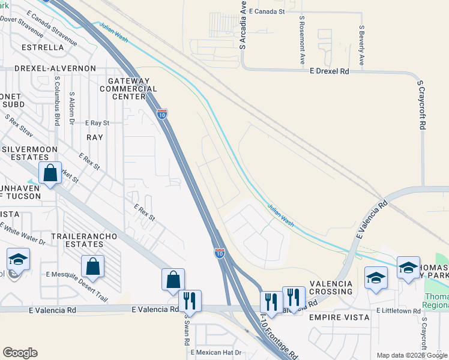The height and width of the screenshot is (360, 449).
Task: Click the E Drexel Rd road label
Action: (329, 71)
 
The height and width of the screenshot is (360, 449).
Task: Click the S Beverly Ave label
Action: (362, 45)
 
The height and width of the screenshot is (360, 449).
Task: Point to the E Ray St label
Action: (97, 122)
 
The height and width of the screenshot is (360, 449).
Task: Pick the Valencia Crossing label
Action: (331, 287)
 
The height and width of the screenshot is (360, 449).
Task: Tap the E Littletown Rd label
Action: (399, 311)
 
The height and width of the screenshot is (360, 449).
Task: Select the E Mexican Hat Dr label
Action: (216, 352)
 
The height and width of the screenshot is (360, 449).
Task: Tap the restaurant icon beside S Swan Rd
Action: (190, 301)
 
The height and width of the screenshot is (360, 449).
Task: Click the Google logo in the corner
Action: (20, 353)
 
